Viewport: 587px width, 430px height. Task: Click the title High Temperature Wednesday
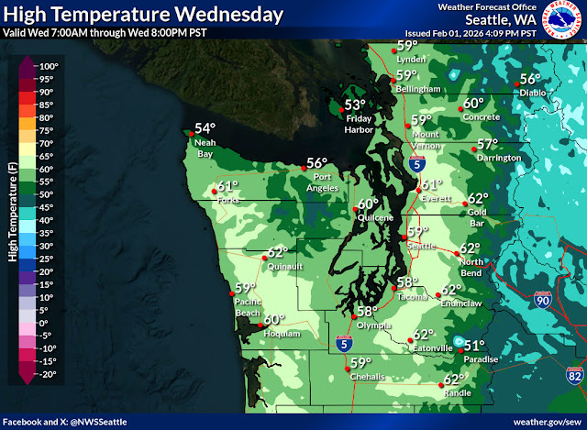tap(143, 15)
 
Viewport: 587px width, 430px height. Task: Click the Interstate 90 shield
tap(543, 300)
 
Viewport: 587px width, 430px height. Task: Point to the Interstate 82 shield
tap(573, 375)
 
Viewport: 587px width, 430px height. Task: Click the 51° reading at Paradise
tap(473, 346)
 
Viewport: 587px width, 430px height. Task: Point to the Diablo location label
tap(532, 93)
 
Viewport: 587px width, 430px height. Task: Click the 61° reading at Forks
tap(227, 186)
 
